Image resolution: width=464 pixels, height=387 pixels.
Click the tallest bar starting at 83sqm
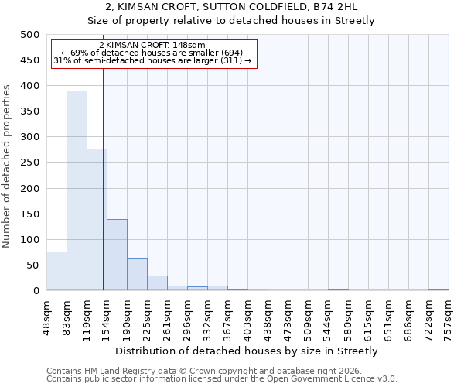[x=77, y=190]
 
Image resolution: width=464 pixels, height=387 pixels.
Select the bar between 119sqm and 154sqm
[x=97, y=220]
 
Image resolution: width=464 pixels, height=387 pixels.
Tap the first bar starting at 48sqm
[x=56, y=271]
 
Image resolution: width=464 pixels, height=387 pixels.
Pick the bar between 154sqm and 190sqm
[x=117, y=255]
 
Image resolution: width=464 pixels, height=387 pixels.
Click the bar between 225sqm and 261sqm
[x=157, y=283]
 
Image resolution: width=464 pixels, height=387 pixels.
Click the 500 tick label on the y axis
[x=30, y=35]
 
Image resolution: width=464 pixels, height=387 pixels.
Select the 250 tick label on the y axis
[x=30, y=163]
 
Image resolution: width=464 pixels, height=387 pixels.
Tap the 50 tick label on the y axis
[x=33, y=265]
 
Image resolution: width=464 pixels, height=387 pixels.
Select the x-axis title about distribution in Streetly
[x=247, y=351]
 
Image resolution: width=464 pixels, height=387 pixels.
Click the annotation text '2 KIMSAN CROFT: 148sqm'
[x=152, y=45]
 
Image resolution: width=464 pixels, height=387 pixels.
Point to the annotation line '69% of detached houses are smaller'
[x=152, y=53]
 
